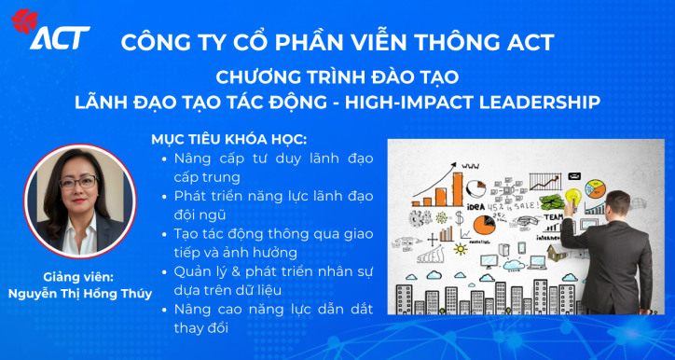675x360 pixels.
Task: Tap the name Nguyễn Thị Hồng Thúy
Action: click(80, 294)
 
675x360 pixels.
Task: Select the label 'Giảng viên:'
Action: click(79, 278)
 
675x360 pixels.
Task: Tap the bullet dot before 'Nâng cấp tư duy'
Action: click(164, 159)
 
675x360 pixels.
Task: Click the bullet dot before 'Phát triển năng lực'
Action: click(164, 197)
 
